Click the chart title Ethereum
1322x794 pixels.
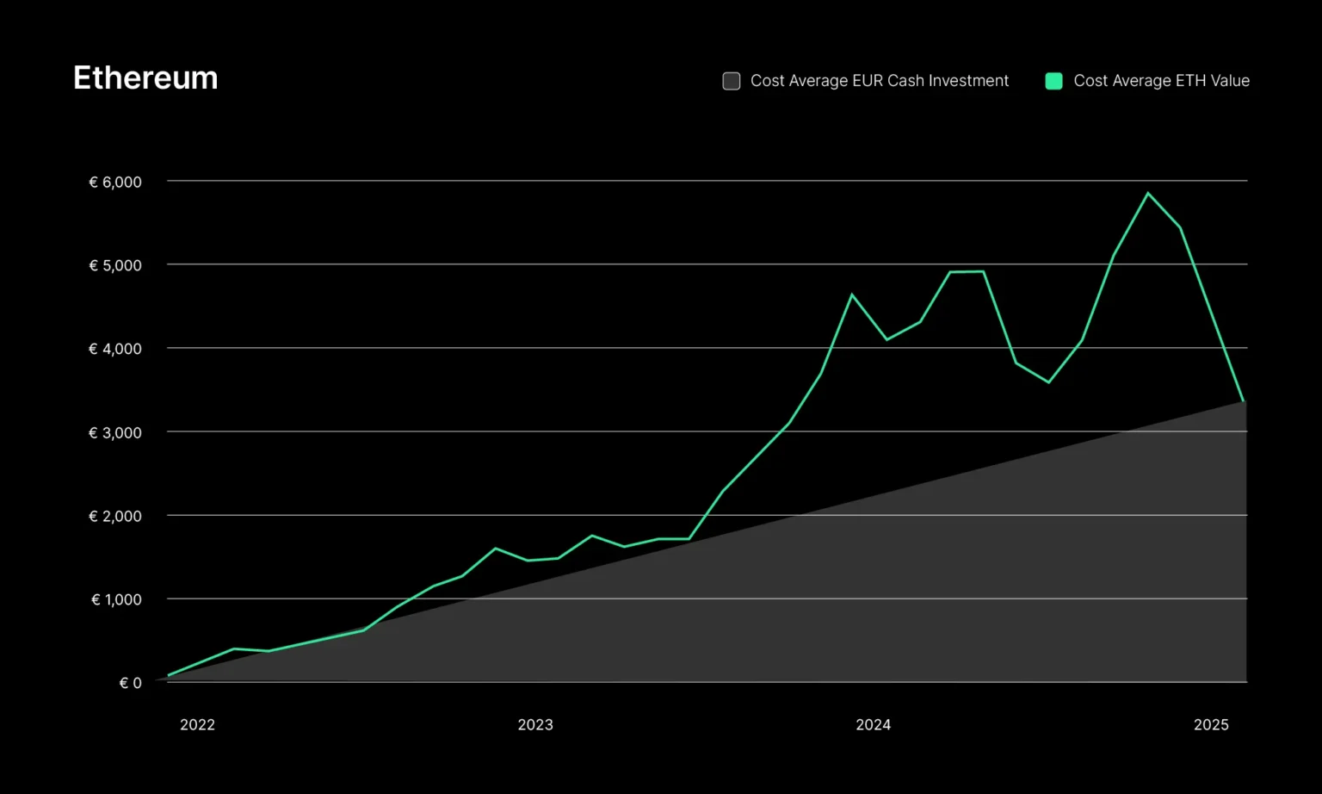[145, 78]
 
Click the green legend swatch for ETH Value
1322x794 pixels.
[1053, 81]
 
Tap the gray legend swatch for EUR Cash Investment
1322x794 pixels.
[732, 81]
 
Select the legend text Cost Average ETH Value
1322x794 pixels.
[1161, 81]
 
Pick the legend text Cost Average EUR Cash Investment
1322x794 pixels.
[879, 81]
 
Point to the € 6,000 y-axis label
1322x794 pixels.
[115, 182]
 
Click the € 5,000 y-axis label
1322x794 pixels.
[115, 265]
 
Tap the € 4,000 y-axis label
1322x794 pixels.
[115, 349]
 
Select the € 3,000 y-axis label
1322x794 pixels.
[115, 432]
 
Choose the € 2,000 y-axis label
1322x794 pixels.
[115, 516]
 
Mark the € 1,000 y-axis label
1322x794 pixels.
[116, 599]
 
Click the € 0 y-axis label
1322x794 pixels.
[130, 683]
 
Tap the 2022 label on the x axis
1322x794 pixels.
[197, 725]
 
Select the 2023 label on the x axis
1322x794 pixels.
[535, 725]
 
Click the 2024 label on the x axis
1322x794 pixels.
[873, 725]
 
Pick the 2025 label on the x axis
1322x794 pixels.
[1211, 725]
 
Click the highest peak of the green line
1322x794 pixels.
[1147, 193]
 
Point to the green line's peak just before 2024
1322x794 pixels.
[852, 295]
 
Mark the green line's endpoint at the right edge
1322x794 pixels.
[1244, 401]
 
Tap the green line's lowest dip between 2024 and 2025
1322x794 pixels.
[1048, 382]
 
